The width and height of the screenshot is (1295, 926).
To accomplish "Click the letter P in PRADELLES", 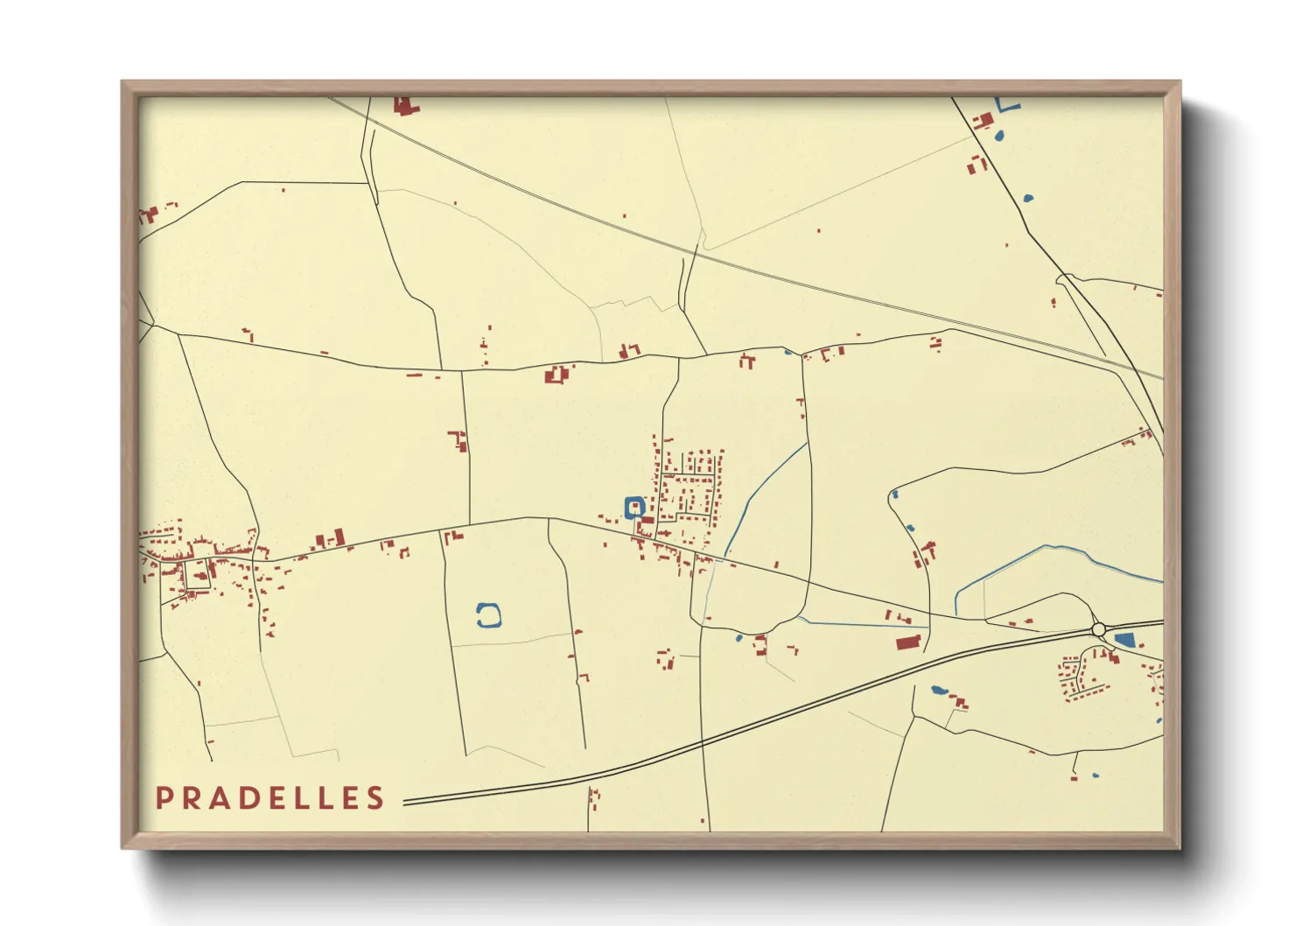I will click(163, 798).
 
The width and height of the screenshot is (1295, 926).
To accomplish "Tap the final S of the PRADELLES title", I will click(376, 798).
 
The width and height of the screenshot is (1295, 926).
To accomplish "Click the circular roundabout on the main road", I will click(1099, 629).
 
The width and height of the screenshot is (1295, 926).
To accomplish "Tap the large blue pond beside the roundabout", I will click(1124, 639).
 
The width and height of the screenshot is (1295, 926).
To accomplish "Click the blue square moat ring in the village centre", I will click(634, 507).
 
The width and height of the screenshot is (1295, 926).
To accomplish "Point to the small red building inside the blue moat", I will click(634, 506).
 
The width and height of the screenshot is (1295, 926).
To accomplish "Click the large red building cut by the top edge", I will click(403, 106).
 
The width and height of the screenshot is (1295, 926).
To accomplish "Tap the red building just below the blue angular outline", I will click(983, 121).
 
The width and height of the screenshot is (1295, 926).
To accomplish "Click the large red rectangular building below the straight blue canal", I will click(908, 643).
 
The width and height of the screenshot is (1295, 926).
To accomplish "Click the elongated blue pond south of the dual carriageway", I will click(939, 691).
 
